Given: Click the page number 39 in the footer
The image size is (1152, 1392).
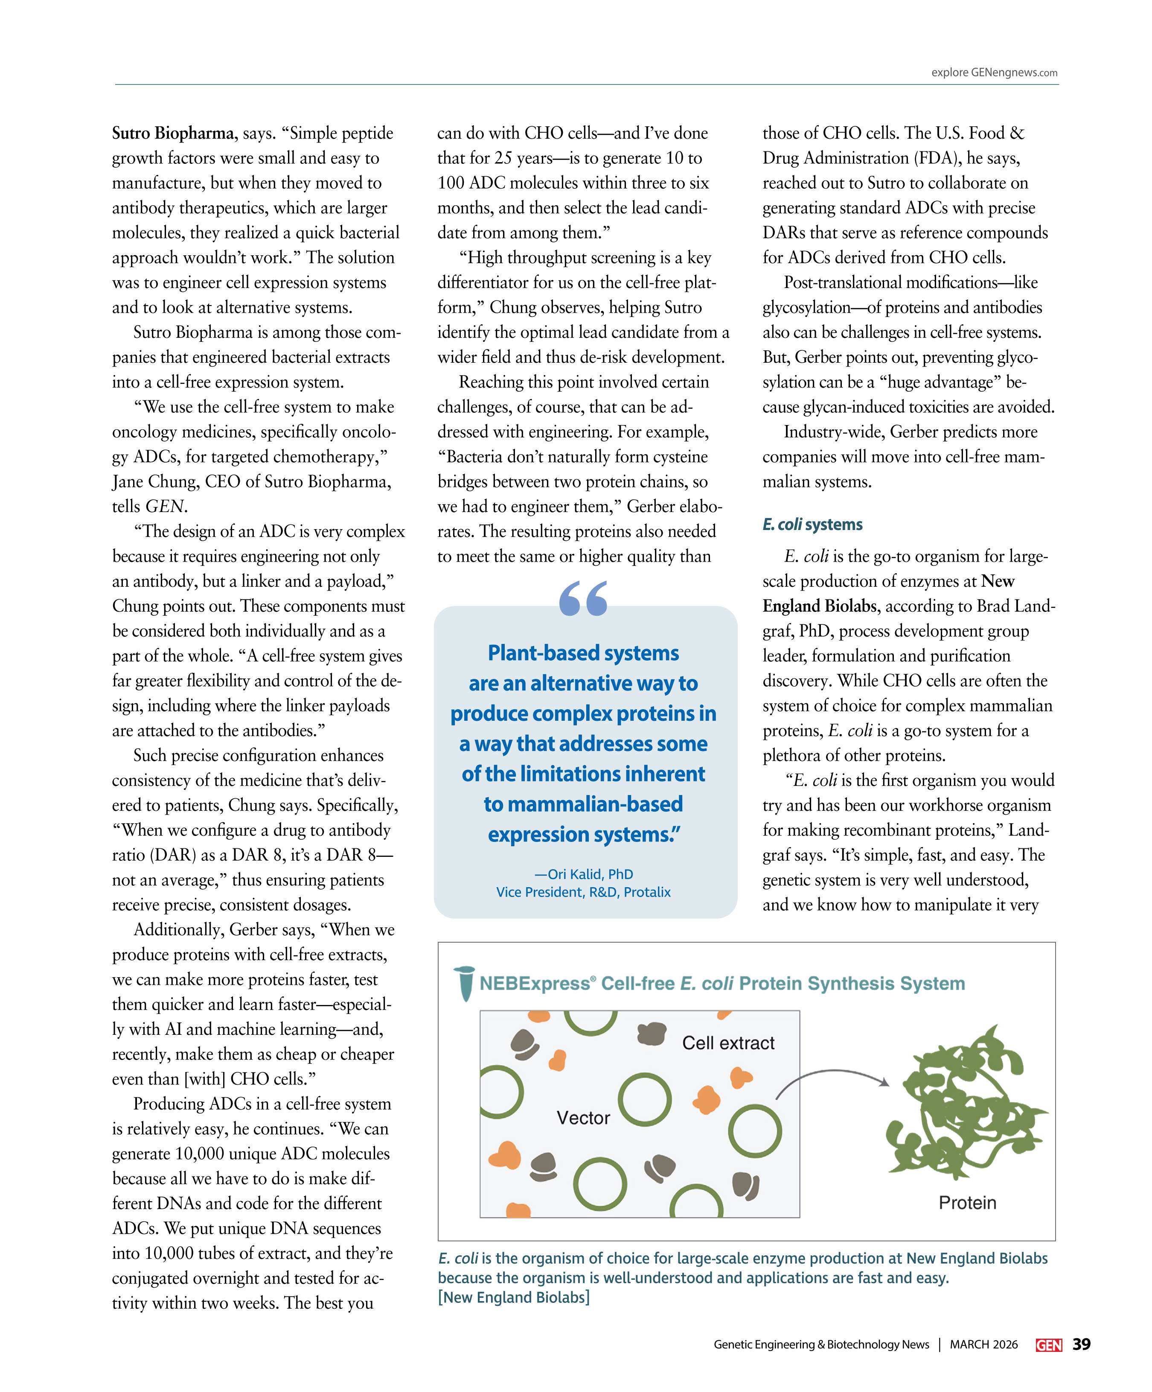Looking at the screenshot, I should [x=1082, y=1344].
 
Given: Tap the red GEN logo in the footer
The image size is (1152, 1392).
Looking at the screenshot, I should [x=1049, y=1345].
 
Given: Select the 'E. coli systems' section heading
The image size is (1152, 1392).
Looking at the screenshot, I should [x=812, y=524].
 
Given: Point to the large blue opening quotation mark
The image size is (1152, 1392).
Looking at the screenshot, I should [x=583, y=599].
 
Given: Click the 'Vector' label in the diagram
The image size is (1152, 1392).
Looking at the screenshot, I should [x=583, y=1118].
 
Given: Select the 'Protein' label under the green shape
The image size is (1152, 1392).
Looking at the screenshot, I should [x=967, y=1203].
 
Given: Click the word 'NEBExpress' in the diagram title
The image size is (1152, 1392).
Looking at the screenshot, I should [x=534, y=984].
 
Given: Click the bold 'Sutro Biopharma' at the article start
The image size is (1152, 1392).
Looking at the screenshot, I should [x=172, y=133].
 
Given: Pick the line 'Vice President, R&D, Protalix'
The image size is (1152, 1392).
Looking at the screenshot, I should [x=583, y=892].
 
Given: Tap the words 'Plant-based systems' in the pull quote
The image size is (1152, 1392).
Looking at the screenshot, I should [x=583, y=653].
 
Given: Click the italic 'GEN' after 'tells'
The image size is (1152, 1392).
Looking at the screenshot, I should [x=164, y=507].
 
